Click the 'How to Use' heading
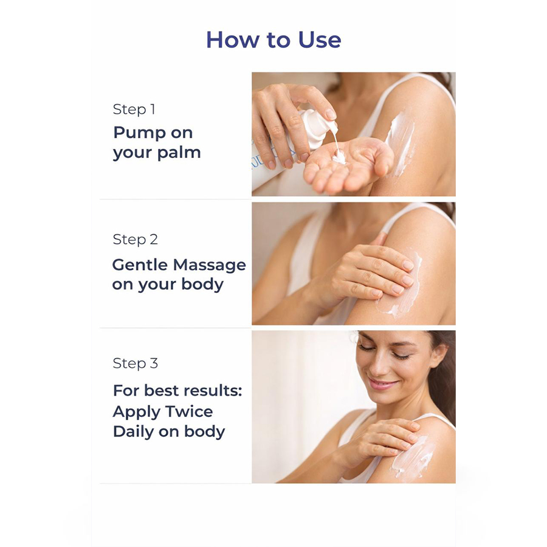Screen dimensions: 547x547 click(273, 40)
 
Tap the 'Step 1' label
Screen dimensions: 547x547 click(134, 109)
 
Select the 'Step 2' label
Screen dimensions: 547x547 click(136, 239)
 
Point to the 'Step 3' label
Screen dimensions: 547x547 click(136, 363)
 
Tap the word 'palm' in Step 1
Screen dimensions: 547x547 click(179, 153)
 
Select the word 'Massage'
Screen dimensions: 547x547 click(210, 265)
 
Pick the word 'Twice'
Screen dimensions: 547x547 click(189, 411)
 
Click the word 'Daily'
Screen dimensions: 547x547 click(133, 432)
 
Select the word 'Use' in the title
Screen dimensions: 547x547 click(320, 40)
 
